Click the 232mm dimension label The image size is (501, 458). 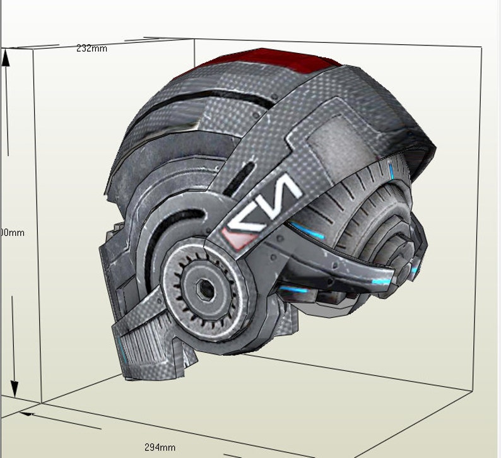91,49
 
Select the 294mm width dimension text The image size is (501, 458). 160,447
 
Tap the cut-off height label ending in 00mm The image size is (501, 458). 12,233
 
